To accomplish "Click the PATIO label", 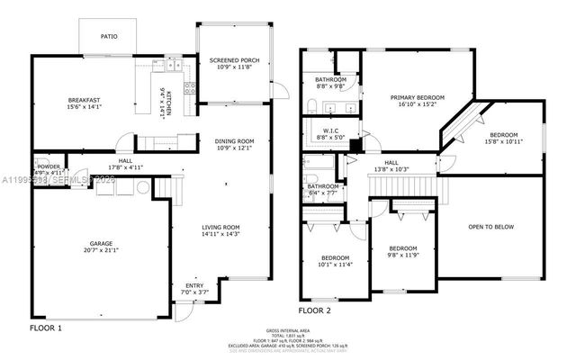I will (108, 37).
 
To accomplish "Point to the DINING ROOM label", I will (234, 141).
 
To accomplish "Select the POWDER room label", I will (49, 166).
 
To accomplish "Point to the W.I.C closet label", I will (325, 130).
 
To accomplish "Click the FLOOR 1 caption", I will (46, 328).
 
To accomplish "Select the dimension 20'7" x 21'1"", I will (101, 250).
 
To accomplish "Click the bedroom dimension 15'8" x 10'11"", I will (504, 140).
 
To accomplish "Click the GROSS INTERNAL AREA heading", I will (289, 332).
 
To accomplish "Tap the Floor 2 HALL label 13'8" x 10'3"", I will (391, 166).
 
